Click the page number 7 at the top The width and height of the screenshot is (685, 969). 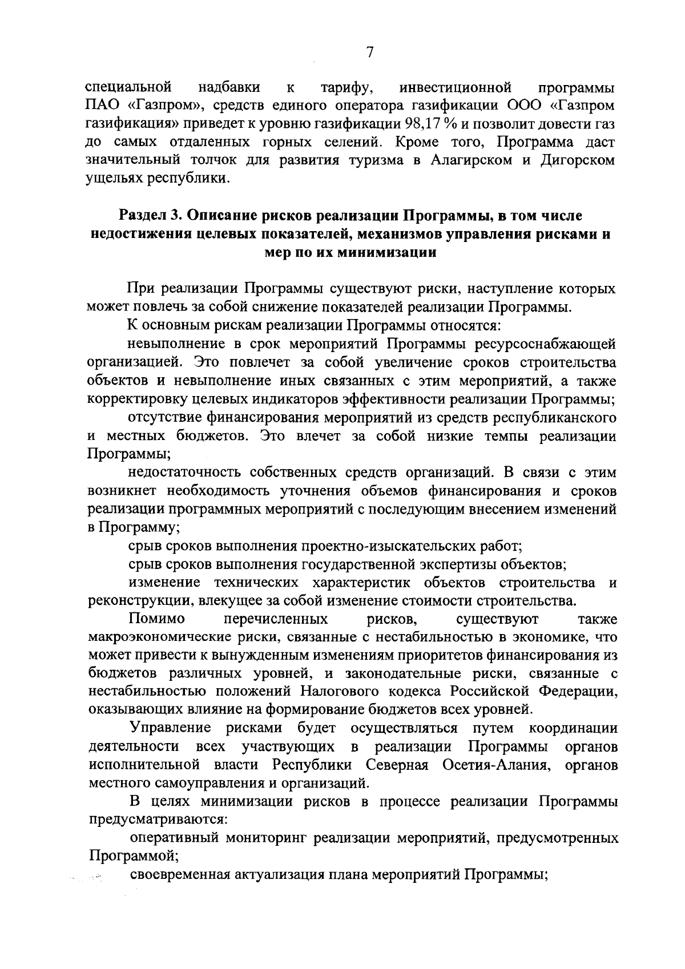pos(369,53)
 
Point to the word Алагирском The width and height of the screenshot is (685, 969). pos(468,160)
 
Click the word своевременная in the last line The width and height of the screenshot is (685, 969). pos(180,875)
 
